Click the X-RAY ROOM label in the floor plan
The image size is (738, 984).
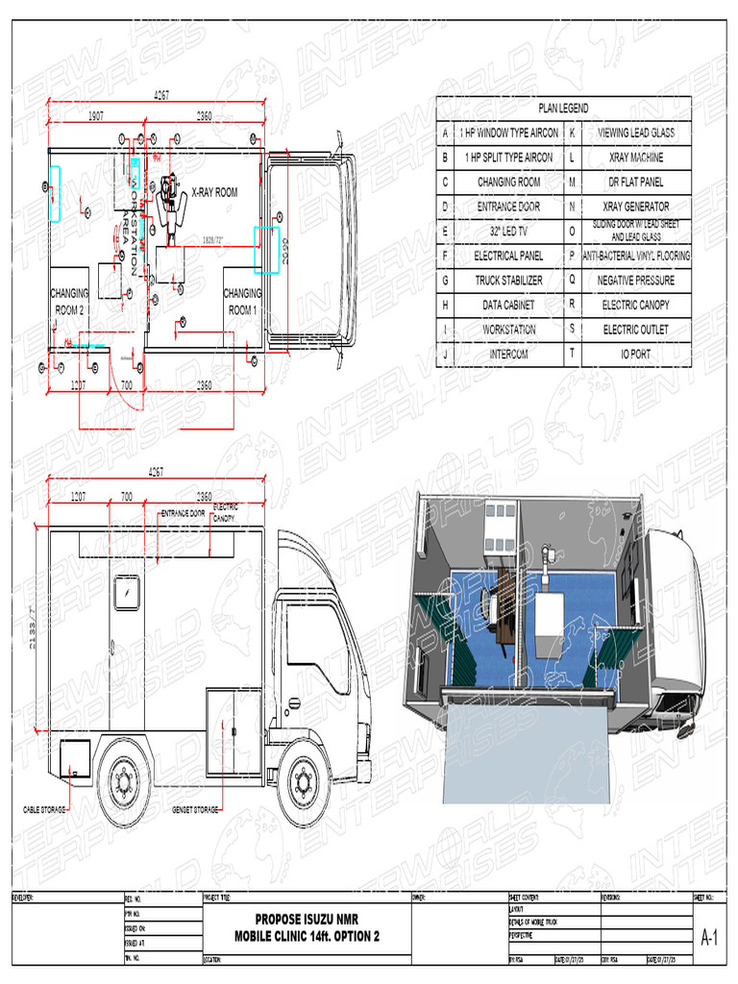[214, 192]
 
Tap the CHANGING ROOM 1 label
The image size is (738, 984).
[242, 302]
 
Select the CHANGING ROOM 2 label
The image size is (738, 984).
[69, 302]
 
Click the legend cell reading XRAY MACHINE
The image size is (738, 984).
[636, 157]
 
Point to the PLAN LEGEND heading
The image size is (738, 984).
[563, 109]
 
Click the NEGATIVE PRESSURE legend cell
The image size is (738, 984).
[636, 281]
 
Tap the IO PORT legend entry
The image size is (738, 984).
[636, 355]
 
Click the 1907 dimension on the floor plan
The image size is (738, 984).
[96, 115]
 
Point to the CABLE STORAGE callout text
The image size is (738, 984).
[44, 810]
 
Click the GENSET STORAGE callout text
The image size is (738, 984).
[195, 810]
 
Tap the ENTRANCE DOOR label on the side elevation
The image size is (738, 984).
[183, 513]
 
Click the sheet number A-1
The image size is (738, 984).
[711, 938]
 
